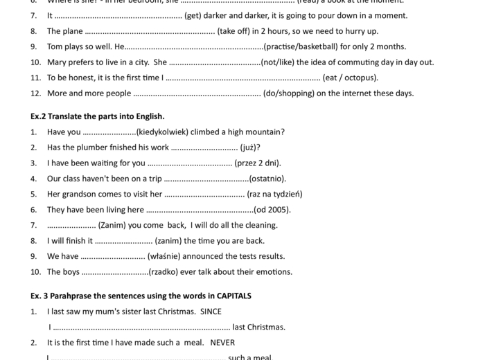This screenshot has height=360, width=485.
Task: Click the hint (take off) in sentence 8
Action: point(236,31)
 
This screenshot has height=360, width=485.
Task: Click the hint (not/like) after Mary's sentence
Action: point(276,62)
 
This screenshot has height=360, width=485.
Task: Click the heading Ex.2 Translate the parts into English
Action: point(98,116)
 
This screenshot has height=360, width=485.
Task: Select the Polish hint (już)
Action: point(250,147)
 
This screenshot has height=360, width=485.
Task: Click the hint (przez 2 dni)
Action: point(258,163)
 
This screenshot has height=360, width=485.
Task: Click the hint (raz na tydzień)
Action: point(274,194)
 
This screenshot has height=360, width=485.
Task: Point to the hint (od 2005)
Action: point(272,210)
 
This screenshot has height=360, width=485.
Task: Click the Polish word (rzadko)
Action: point(166,272)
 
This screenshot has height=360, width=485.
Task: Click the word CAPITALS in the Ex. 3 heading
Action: point(229,296)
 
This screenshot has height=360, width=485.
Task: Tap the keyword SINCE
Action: point(211,312)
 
